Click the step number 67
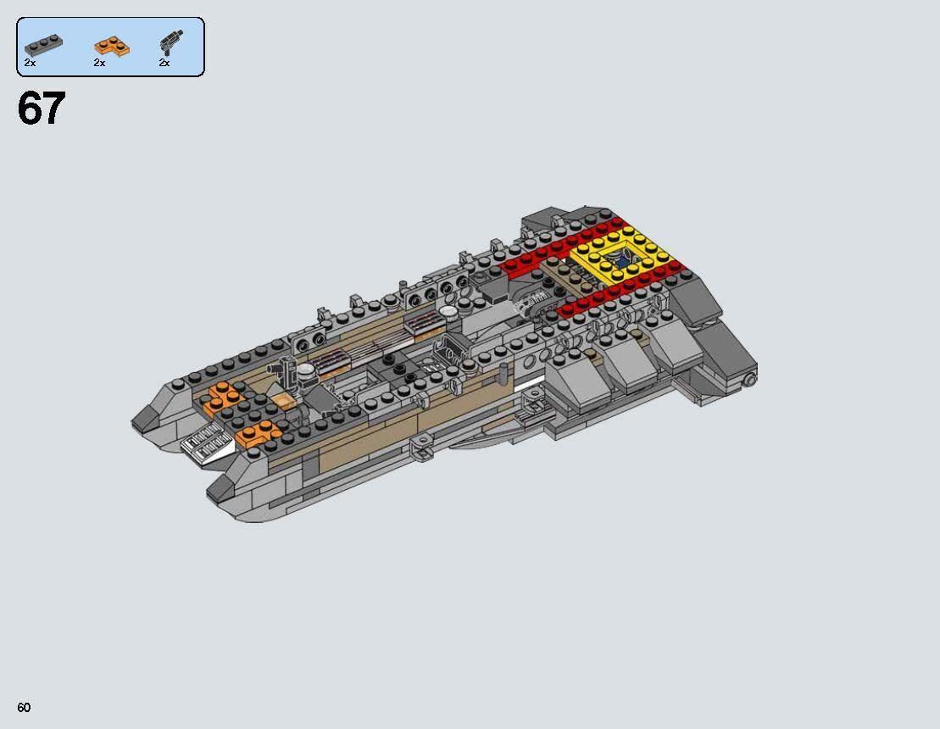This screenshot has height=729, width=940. tap(41, 109)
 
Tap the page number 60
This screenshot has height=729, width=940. tap(24, 707)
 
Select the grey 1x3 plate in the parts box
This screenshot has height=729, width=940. tap(42, 45)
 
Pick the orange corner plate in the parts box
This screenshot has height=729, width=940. tap(112, 45)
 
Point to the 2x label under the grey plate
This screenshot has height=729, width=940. tap(30, 64)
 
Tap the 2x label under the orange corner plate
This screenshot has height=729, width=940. tap(99, 64)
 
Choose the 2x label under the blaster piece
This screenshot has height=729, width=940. tap(164, 64)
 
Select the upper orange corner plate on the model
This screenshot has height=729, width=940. tap(221, 395)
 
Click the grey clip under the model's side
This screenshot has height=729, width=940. tap(420, 446)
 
